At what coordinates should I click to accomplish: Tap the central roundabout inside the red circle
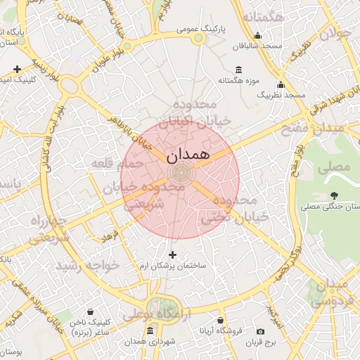(180, 173)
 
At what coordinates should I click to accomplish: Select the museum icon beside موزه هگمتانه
(238, 70)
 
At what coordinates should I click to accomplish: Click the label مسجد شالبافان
(260, 46)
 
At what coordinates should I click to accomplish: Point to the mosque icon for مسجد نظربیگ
(281, 84)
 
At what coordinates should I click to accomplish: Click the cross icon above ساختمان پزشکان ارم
(172, 254)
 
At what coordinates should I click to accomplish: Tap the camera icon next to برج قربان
(261, 332)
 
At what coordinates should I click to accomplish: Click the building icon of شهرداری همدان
(149, 331)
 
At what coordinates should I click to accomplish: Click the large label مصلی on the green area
(333, 167)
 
